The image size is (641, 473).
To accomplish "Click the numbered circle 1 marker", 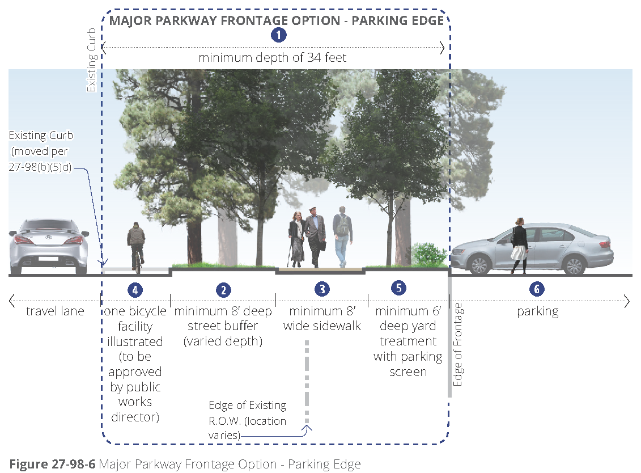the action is coord(278,35).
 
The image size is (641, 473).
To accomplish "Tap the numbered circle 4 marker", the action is coord(135,290).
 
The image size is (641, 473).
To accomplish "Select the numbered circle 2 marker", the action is coord(223,290).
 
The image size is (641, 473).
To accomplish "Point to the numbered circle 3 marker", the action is coord(322,289).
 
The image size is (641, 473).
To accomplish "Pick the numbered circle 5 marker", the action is coord(399,288).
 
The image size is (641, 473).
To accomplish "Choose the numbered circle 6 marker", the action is coord(537,289).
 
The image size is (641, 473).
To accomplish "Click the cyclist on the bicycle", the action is coord(136,245).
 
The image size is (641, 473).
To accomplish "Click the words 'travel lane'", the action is coord(55,311).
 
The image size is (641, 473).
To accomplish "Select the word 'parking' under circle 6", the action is coord(537,311).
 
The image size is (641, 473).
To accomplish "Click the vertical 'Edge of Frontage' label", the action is coord(459,345).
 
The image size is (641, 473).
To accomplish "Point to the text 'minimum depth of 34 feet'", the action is coord(272,58).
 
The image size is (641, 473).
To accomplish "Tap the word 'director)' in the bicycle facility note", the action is coord(135,417).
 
